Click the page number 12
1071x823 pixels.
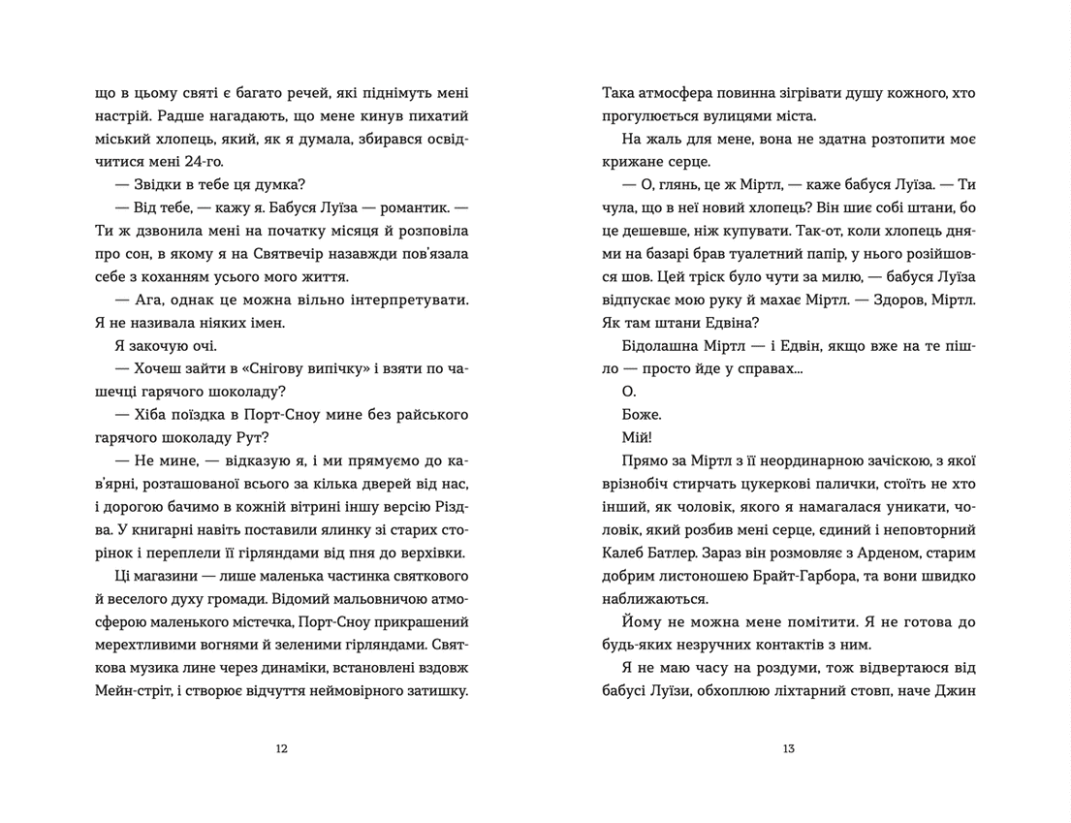pyautogui.click(x=281, y=748)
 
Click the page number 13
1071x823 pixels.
pyautogui.click(x=788, y=748)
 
